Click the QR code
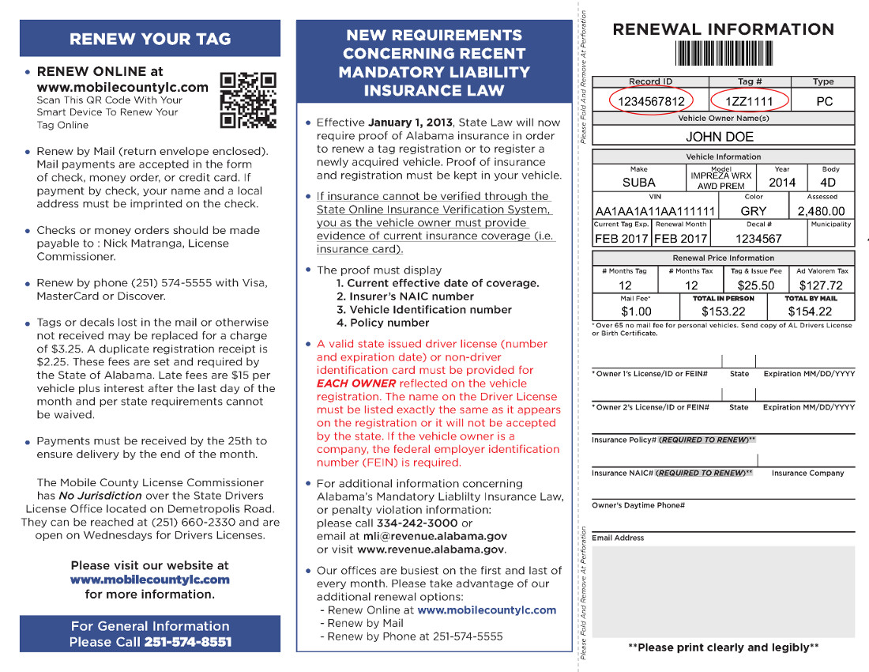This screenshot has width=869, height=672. click(248, 100)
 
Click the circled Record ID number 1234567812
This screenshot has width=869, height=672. click(651, 102)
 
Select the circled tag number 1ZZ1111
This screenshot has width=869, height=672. click(750, 102)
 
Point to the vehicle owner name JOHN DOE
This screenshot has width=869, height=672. click(720, 137)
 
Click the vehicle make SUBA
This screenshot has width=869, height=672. click(638, 182)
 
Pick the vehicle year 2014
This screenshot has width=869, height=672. click(782, 182)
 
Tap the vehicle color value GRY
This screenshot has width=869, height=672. click(754, 211)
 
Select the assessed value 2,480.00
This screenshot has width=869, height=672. click(821, 211)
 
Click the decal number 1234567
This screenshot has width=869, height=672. click(758, 239)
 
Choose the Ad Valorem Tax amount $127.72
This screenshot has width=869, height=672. click(821, 285)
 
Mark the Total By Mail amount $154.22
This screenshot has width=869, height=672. click(821, 311)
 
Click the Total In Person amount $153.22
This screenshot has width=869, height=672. click(724, 311)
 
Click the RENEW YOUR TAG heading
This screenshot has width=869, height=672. click(150, 39)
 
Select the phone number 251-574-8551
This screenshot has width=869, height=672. click(188, 642)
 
